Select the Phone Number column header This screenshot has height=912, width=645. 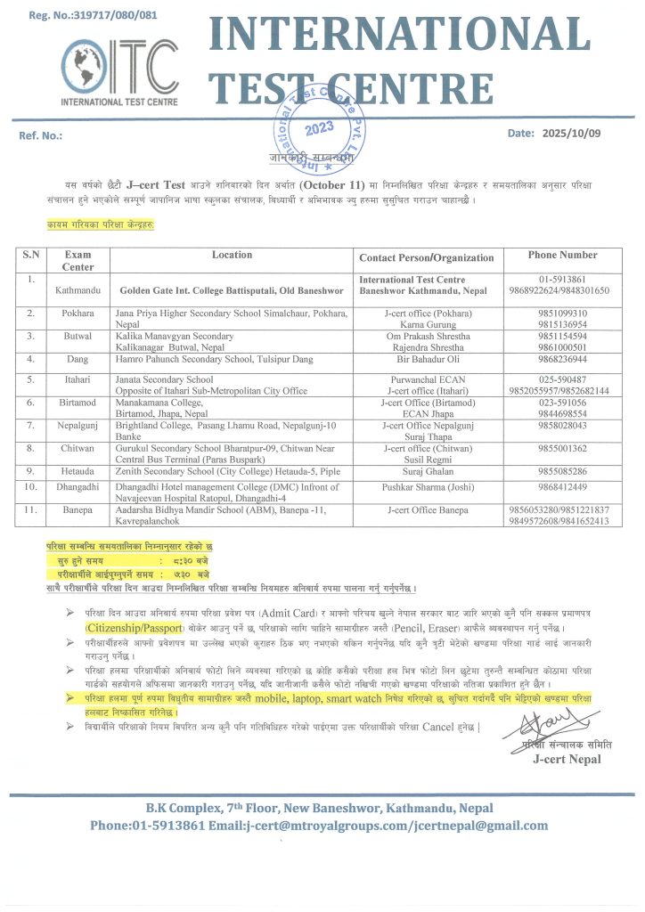[562, 256]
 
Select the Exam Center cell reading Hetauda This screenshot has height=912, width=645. [78, 470]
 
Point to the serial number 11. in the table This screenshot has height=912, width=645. [31, 509]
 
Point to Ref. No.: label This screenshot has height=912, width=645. [41, 135]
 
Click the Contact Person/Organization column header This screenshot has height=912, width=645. [426, 258]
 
